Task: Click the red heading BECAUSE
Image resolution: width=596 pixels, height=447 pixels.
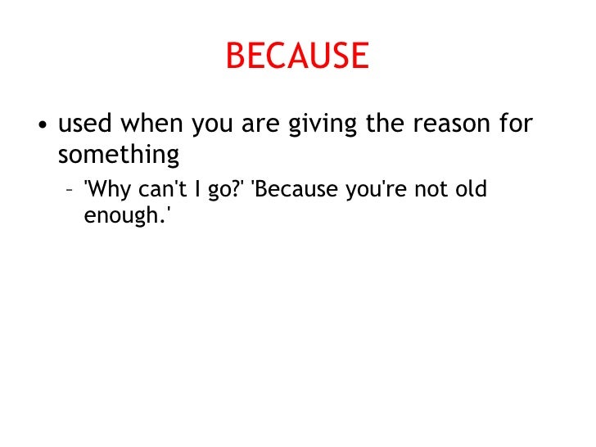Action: click(297, 56)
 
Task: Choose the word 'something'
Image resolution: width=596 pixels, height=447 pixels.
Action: click(118, 154)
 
